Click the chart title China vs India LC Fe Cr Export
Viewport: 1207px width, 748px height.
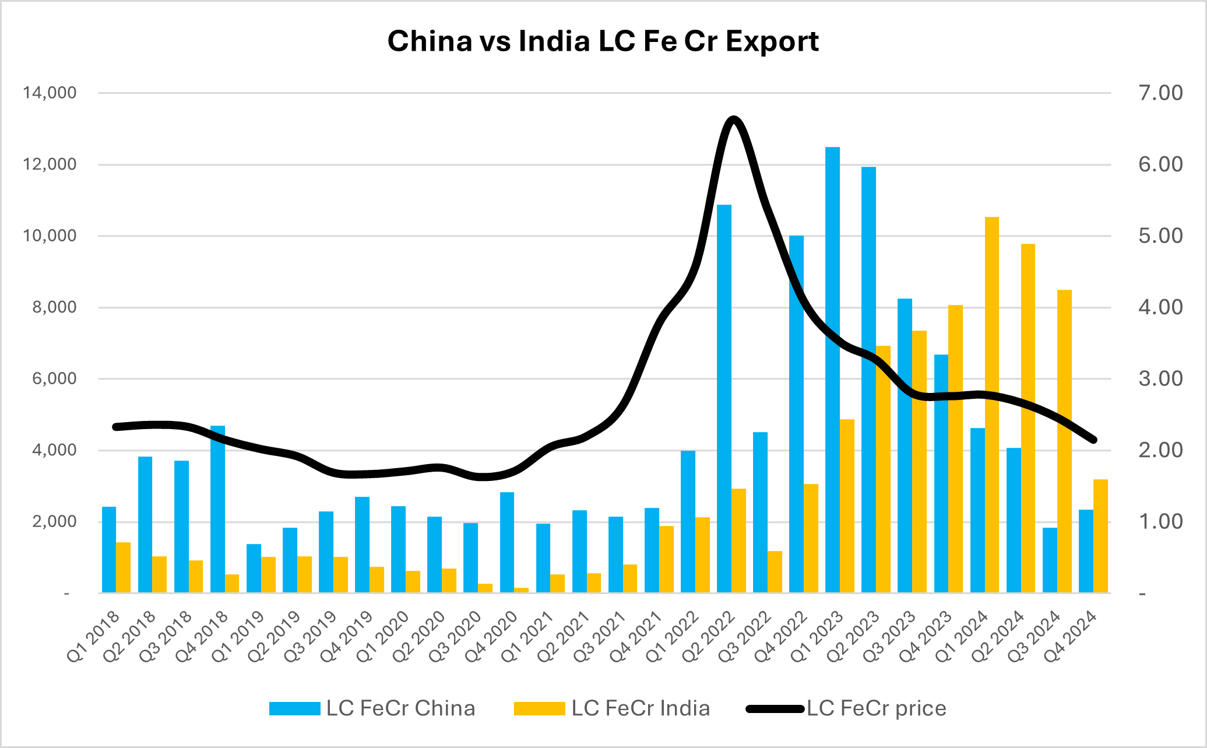603,41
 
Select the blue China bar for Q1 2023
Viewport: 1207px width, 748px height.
832,370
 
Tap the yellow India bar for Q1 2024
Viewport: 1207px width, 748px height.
991,405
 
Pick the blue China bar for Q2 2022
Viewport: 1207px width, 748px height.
724,399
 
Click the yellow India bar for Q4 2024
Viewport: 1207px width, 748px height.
1100,536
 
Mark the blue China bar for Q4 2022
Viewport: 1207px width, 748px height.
796,414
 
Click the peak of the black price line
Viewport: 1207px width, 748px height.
734,120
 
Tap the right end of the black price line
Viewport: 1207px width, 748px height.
1094,440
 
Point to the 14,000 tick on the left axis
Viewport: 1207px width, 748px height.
50,93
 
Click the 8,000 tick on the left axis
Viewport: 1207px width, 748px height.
54,307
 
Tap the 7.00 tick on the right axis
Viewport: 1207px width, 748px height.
1160,93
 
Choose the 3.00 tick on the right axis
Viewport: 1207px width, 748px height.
1160,379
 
